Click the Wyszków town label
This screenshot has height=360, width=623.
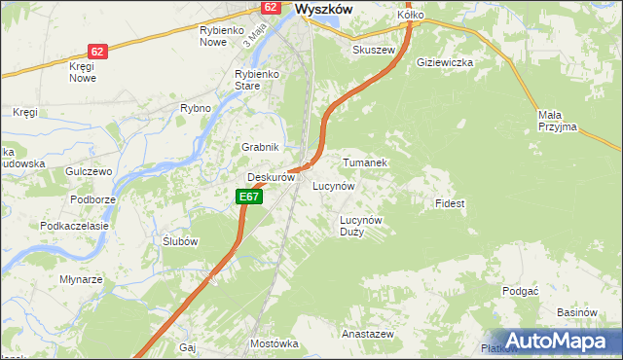(x=322, y=9)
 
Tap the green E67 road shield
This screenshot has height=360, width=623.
(x=249, y=197)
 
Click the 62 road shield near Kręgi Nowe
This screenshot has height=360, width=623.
(x=96, y=51)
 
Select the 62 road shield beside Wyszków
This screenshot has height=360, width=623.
(x=272, y=8)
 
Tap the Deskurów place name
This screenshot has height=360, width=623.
(x=271, y=178)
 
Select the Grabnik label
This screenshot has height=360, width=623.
(x=261, y=147)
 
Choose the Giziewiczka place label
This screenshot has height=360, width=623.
(x=445, y=62)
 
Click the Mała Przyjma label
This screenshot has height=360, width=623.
(x=557, y=121)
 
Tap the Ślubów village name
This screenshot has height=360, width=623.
(x=180, y=241)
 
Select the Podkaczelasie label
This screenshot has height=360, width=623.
(x=72, y=225)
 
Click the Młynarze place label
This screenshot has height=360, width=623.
(x=81, y=279)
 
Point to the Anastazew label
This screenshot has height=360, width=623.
(x=367, y=333)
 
